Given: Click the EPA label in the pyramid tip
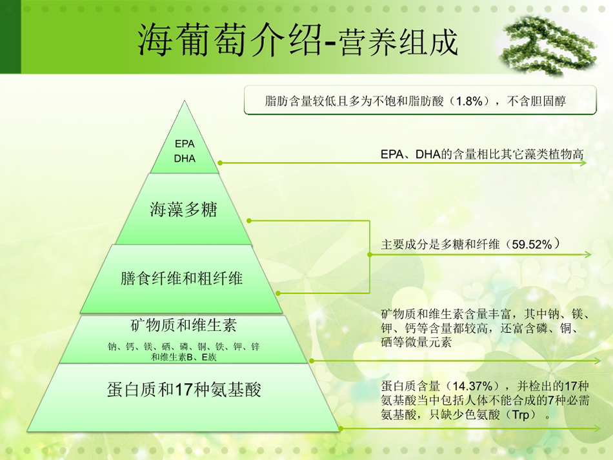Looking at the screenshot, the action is [185, 144].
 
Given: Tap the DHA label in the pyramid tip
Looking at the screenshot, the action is [185, 158].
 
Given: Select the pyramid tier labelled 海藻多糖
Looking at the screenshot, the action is [183, 210].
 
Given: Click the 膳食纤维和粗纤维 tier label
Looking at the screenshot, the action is [181, 279].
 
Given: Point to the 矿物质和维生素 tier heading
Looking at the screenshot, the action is [183, 325].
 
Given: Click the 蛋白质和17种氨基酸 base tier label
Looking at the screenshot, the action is [184, 390].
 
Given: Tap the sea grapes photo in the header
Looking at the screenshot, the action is [548, 45].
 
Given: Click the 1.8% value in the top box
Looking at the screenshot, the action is [470, 102].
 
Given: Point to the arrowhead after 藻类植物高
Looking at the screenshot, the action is [583, 163].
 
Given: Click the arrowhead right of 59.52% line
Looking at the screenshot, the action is [588, 255].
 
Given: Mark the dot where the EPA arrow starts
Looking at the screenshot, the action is [220, 163].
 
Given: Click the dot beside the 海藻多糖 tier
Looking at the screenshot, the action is [249, 221].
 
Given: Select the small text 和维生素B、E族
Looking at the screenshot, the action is [184, 357].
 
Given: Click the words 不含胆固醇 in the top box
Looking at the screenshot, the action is [536, 102].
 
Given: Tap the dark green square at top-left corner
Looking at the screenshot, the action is [10, 37].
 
